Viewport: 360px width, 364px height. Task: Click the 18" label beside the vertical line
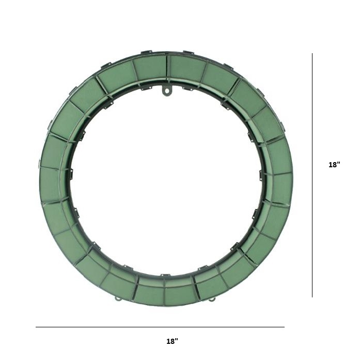334,165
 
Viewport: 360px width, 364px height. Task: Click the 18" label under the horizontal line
173,341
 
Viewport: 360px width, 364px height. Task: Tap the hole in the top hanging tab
166,91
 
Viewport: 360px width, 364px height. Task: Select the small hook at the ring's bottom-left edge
118,299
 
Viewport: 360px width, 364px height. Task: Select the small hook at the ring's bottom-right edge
211,299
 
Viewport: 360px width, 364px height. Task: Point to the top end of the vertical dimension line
312,53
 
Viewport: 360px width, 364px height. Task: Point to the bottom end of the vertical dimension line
312,297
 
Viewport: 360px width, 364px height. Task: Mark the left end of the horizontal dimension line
36,327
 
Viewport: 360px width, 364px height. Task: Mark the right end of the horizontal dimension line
284,327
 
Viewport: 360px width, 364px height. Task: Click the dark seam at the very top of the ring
167,66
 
